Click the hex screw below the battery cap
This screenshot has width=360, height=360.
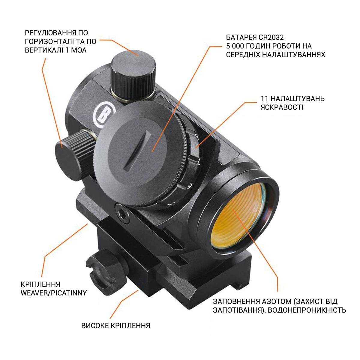pyautogui.click(x=122, y=213)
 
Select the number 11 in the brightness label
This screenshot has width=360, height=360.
pyautogui.click(x=264, y=99)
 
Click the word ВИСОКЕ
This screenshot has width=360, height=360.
pyautogui.click(x=95, y=325)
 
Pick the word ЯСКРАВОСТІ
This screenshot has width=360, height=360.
pyautogui.click(x=282, y=107)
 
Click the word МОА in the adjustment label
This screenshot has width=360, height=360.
pyautogui.click(x=79, y=50)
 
